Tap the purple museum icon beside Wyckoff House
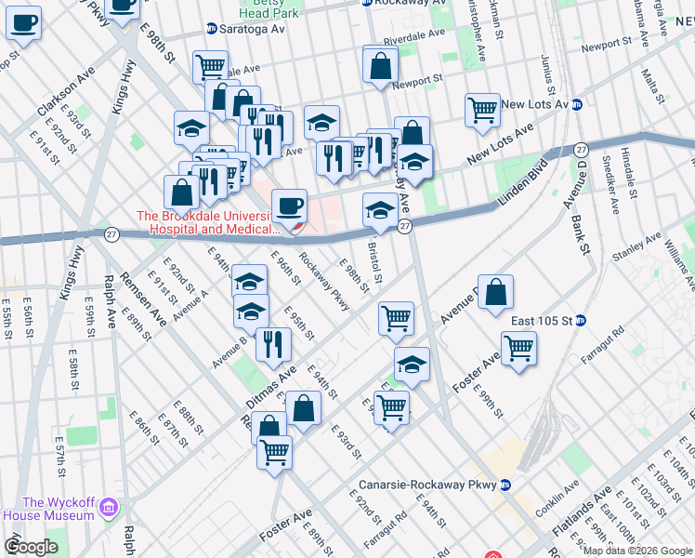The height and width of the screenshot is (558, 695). click(x=109, y=508)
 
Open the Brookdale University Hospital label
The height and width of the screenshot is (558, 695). click(x=208, y=222)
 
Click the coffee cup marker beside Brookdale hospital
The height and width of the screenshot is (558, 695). click(x=288, y=206)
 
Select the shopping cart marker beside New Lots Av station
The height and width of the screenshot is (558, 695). click(x=482, y=110)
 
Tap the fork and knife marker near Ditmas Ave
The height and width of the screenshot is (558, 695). click(x=273, y=344)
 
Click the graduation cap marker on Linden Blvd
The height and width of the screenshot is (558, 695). click(x=379, y=211)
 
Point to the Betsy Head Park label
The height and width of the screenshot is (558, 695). click(x=268, y=9)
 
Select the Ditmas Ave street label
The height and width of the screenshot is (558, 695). click(x=270, y=385)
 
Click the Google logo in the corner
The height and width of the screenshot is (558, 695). click(x=32, y=547)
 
